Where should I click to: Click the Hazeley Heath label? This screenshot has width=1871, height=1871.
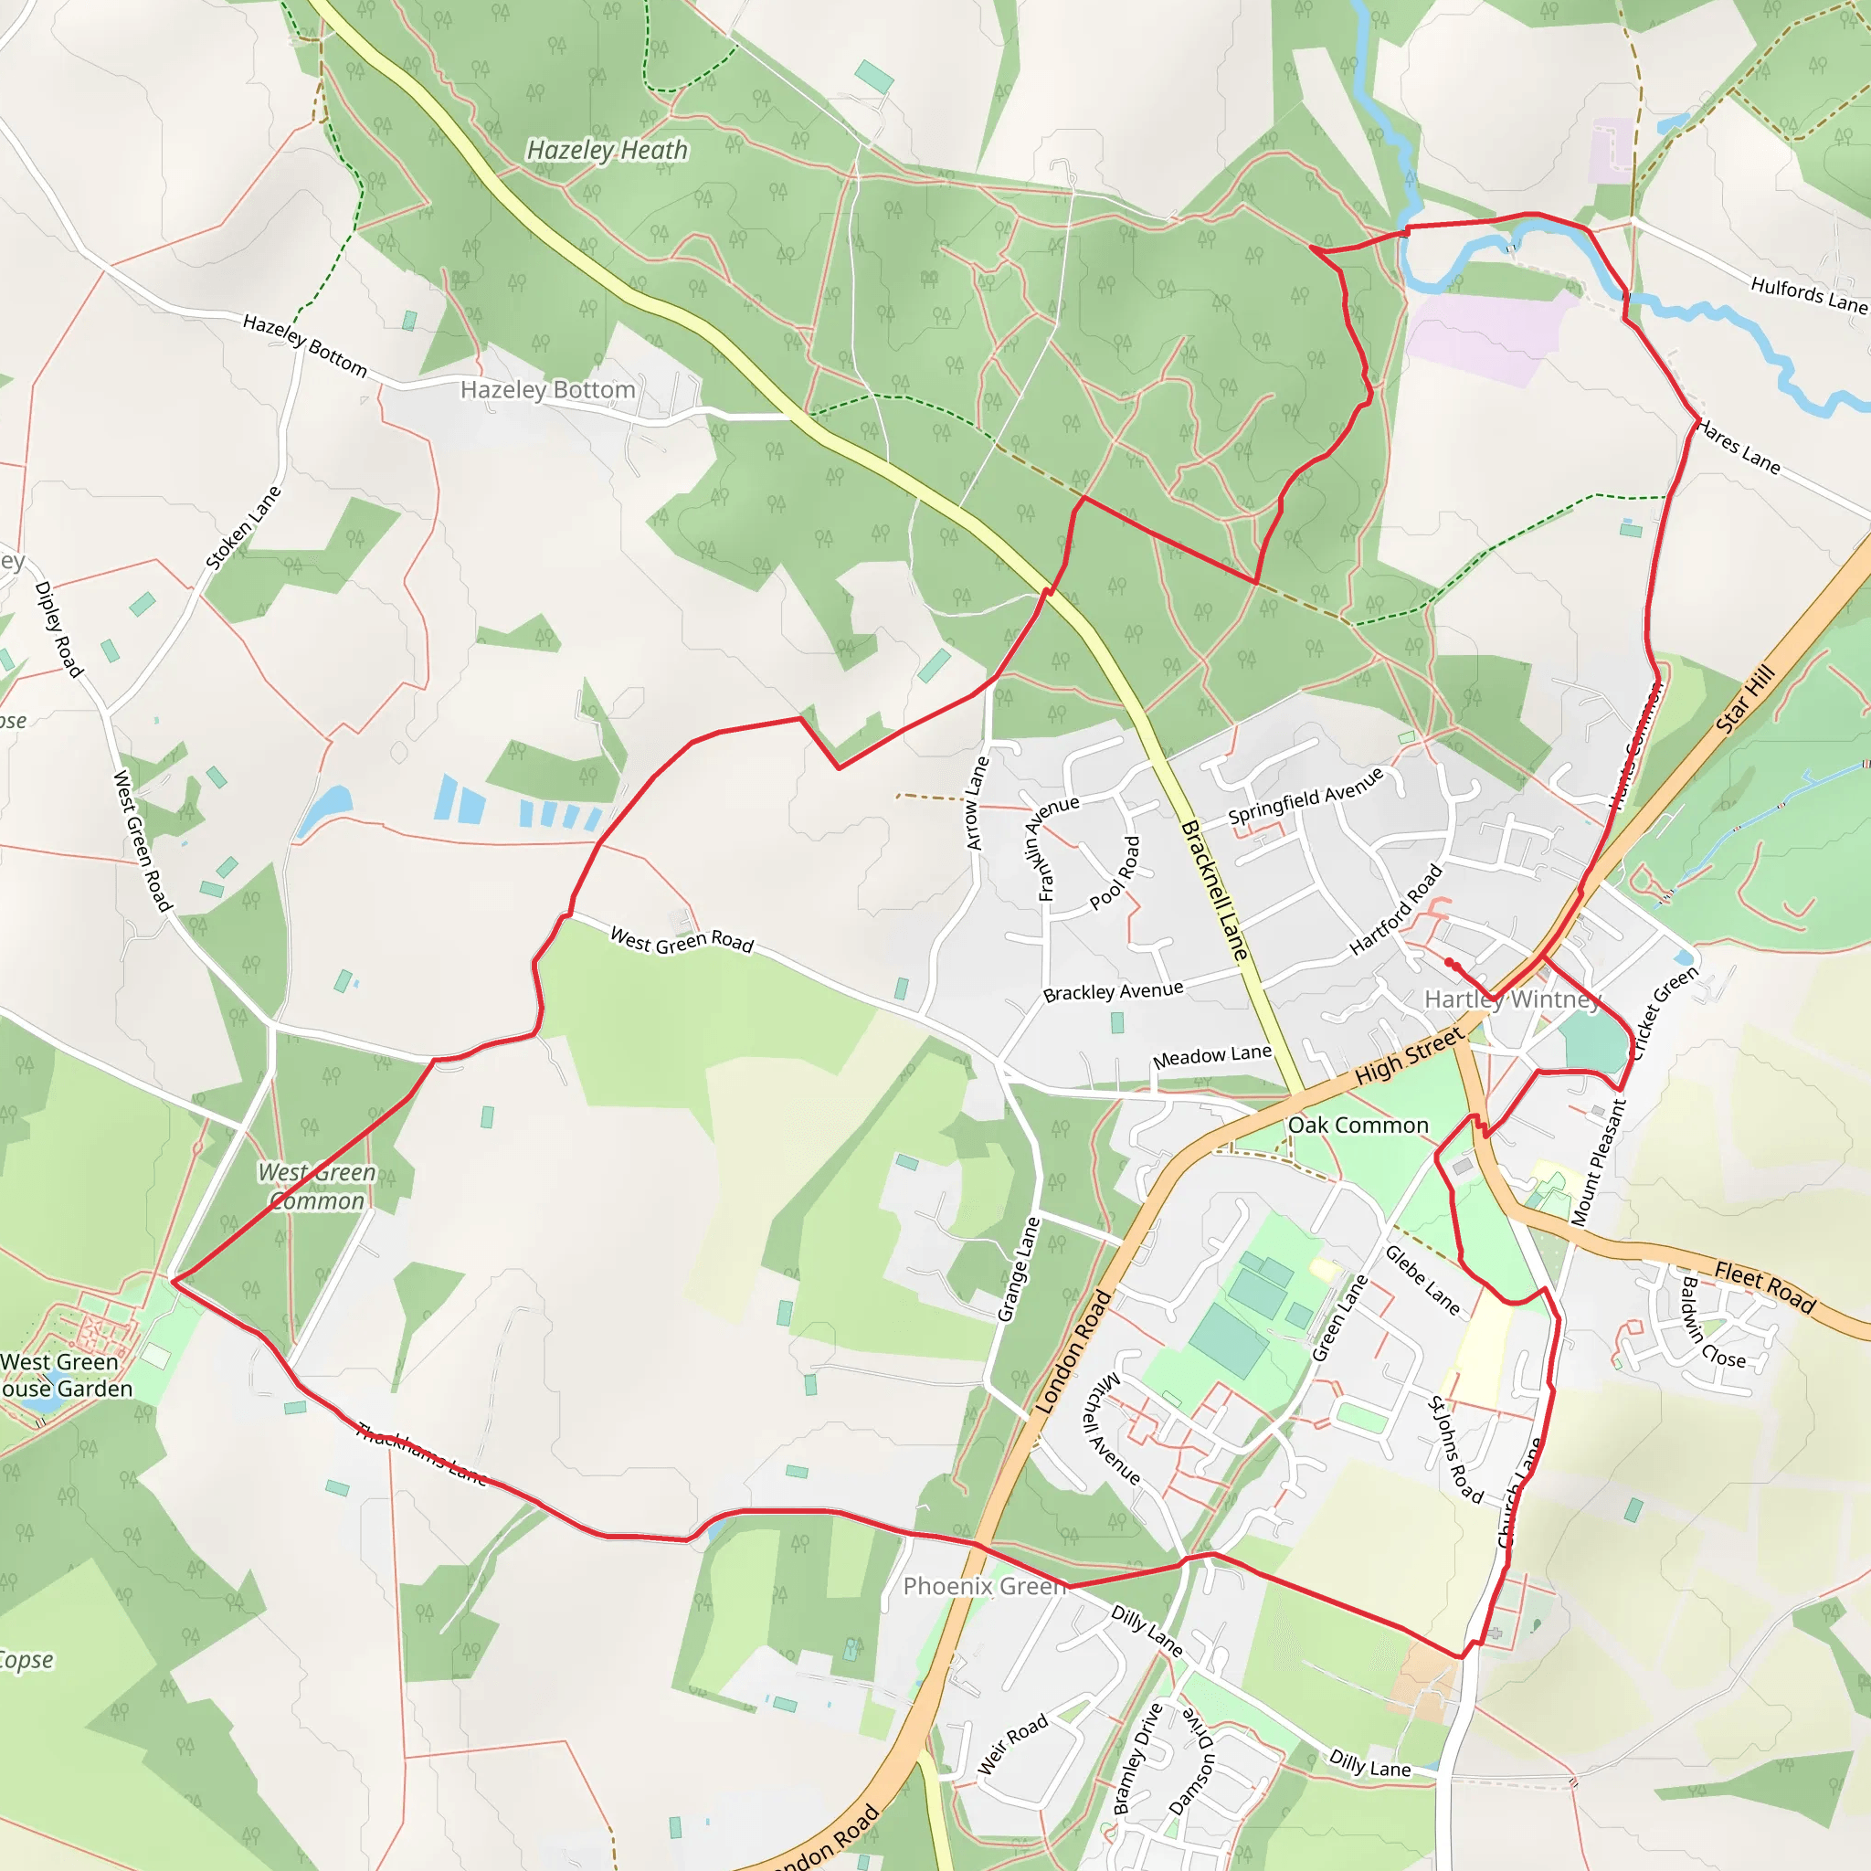[608, 150]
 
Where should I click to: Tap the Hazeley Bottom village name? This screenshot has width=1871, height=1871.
[548, 389]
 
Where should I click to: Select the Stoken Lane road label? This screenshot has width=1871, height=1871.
[243, 528]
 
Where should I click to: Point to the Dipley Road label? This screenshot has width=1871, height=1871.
[59, 629]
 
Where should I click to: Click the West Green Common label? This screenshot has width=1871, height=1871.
[317, 1187]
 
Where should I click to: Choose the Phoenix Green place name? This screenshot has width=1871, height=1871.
[985, 1586]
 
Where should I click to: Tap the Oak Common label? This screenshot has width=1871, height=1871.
[1358, 1126]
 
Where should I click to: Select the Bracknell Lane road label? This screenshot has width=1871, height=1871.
[1215, 890]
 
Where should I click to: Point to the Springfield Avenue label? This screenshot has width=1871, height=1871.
[1306, 796]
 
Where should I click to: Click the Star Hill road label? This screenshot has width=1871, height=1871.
[1746, 698]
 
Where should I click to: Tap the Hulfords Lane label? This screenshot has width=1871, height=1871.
[1808, 294]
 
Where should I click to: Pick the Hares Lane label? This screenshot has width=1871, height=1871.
[1739, 447]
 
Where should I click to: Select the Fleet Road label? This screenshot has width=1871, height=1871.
[1764, 1286]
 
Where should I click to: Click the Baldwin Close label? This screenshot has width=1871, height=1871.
[1711, 1324]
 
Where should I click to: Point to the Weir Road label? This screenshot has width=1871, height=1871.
[1013, 1744]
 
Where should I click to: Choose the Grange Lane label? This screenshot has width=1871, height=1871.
[1019, 1270]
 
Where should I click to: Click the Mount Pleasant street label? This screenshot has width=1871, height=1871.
[1598, 1163]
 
